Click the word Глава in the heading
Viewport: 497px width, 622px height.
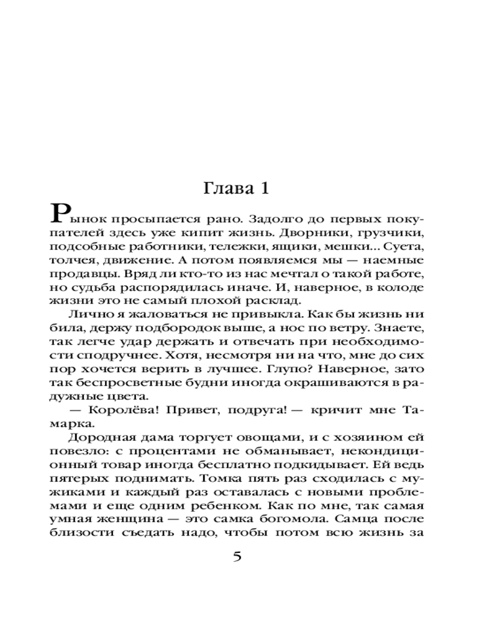[226, 188]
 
